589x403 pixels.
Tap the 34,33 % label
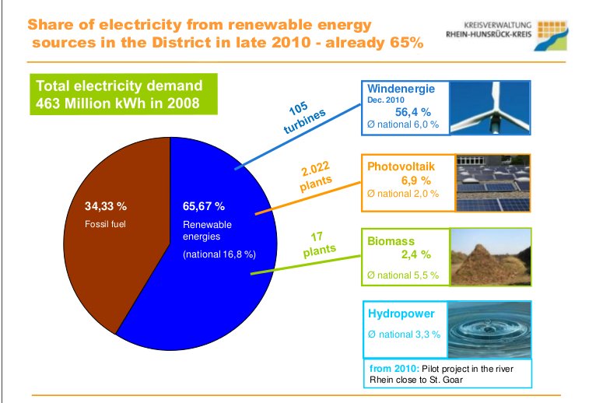tap(106, 206)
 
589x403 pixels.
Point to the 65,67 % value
tap(204, 206)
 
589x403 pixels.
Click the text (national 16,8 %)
tap(219, 254)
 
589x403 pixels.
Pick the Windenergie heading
tap(401, 89)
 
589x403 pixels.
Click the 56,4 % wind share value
tap(413, 112)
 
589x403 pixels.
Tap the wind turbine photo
tap(490, 107)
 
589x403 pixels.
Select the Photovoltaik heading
tap(401, 166)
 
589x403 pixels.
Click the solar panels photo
tap(493, 183)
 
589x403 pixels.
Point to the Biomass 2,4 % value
tap(415, 254)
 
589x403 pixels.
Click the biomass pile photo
tap(491, 257)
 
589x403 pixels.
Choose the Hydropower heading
tap(401, 314)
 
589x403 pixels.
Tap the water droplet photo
tap(489, 329)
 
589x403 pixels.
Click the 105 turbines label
tap(303, 117)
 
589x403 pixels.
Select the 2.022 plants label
tap(316, 176)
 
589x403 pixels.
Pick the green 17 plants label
tap(319, 244)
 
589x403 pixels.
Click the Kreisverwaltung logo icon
tap(551, 36)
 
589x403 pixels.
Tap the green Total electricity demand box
tap(124, 94)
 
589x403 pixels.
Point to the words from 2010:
tap(394, 369)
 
